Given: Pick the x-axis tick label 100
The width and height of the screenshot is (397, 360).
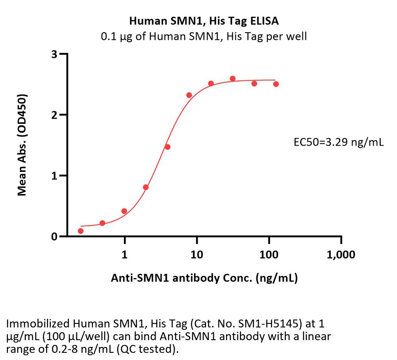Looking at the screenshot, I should coord(269,255).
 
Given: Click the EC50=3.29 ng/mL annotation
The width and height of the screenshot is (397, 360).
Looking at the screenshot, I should coord(337,141).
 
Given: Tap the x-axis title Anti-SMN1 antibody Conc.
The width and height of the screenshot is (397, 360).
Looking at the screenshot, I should coord(204,279).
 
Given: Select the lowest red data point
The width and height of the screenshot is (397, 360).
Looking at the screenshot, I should coord(81,231).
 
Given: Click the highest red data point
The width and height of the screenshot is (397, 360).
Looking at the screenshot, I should coord(233,79).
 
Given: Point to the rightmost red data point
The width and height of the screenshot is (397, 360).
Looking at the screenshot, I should coord(276,84).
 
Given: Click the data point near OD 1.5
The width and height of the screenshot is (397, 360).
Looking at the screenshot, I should coord(168,147).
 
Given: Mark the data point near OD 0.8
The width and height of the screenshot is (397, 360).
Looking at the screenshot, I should coord(146,187).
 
